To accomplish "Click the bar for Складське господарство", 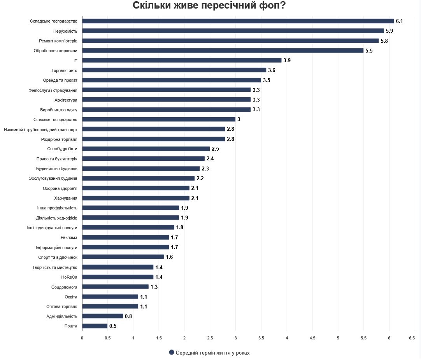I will point(238,21).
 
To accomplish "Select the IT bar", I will point(182,60).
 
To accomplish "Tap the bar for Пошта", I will point(95,326).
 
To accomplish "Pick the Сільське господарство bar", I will point(159,119).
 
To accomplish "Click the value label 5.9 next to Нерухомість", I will point(389,31).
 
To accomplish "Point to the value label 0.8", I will point(128,316).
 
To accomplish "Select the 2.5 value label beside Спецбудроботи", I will point(215,149).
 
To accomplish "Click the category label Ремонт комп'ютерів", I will point(58,41).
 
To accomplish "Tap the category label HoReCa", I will point(69,277).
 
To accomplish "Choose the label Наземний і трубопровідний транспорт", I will point(40,129).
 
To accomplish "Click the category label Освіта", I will point(71,297).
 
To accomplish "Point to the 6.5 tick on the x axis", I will point(412,338).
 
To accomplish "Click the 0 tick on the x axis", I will point(82,338).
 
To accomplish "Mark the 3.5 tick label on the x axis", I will point(261,338).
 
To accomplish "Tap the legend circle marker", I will point(171,353).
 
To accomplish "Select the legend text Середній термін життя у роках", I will point(212,353).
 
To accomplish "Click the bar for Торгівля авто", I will point(174,70).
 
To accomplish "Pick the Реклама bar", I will point(125,237).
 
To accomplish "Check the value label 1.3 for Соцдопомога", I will point(154,287).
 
